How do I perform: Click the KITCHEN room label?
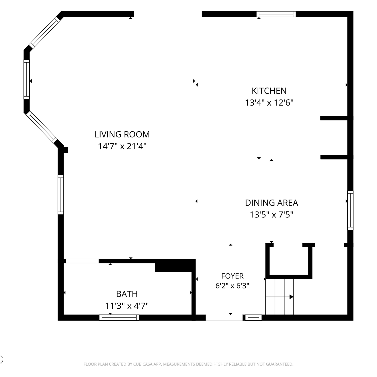click(x=269, y=91)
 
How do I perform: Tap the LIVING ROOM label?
click(x=122, y=134)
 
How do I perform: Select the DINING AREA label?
click(x=271, y=203)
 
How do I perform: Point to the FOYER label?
click(x=232, y=276)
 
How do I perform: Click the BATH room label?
click(x=127, y=294)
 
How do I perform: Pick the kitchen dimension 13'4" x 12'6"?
click(x=269, y=103)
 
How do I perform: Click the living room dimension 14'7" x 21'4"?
click(x=122, y=146)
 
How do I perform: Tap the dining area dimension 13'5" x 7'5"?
click(x=271, y=215)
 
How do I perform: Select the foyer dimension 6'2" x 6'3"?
click(x=232, y=286)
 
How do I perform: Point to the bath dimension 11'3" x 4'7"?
click(x=127, y=306)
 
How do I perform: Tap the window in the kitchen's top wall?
click(x=276, y=14)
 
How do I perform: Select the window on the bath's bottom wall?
click(x=119, y=317)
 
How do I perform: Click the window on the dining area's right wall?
click(x=350, y=210)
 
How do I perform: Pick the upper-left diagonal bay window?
click(x=44, y=32)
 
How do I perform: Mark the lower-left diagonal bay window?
click(x=42, y=127)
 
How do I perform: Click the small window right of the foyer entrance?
click(x=253, y=317)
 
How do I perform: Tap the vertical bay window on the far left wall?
click(x=27, y=79)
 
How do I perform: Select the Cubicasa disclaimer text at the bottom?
click(x=188, y=364)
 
